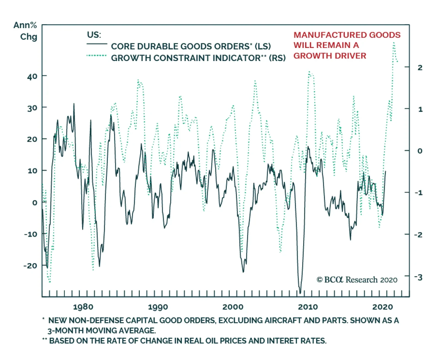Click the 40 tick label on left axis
pyautogui.click(x=32, y=76)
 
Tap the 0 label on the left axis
pyautogui.click(x=34, y=203)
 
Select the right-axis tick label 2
pyautogui.click(x=420, y=68)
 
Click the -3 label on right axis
pyautogui.click(x=418, y=277)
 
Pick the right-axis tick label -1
pyautogui.click(x=418, y=193)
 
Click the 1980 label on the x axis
pyautogui.click(x=83, y=307)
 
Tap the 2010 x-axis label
pyautogui.click(x=308, y=307)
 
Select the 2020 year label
pyautogui.click(x=383, y=307)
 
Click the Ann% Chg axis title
pyautogui.click(x=25, y=31)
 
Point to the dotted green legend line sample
pyautogui.click(x=96, y=56)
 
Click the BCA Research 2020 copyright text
pyautogui.click(x=357, y=280)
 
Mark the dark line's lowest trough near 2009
pyautogui.click(x=300, y=292)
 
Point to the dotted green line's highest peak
pyautogui.click(x=394, y=43)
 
